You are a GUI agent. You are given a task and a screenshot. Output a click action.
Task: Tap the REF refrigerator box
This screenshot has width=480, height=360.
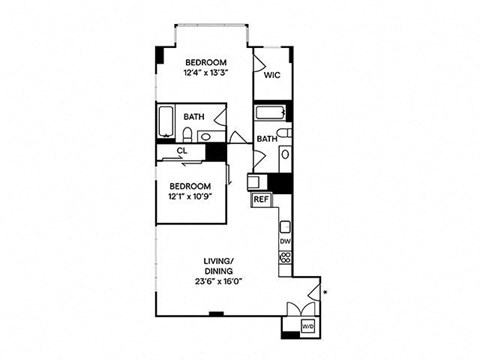(x=261, y=199)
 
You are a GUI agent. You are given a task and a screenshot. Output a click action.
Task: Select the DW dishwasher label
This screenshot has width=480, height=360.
(x=285, y=240)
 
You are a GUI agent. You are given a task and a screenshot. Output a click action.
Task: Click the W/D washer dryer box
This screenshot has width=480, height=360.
(x=309, y=325)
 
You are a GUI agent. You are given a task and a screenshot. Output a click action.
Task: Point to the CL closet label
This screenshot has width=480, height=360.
(x=182, y=151)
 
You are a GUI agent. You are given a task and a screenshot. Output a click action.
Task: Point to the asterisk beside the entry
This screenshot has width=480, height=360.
(x=325, y=292)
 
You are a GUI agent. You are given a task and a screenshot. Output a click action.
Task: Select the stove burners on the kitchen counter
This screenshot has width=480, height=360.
(x=285, y=258)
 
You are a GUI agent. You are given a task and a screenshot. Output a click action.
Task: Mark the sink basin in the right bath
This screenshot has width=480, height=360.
(x=285, y=155)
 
